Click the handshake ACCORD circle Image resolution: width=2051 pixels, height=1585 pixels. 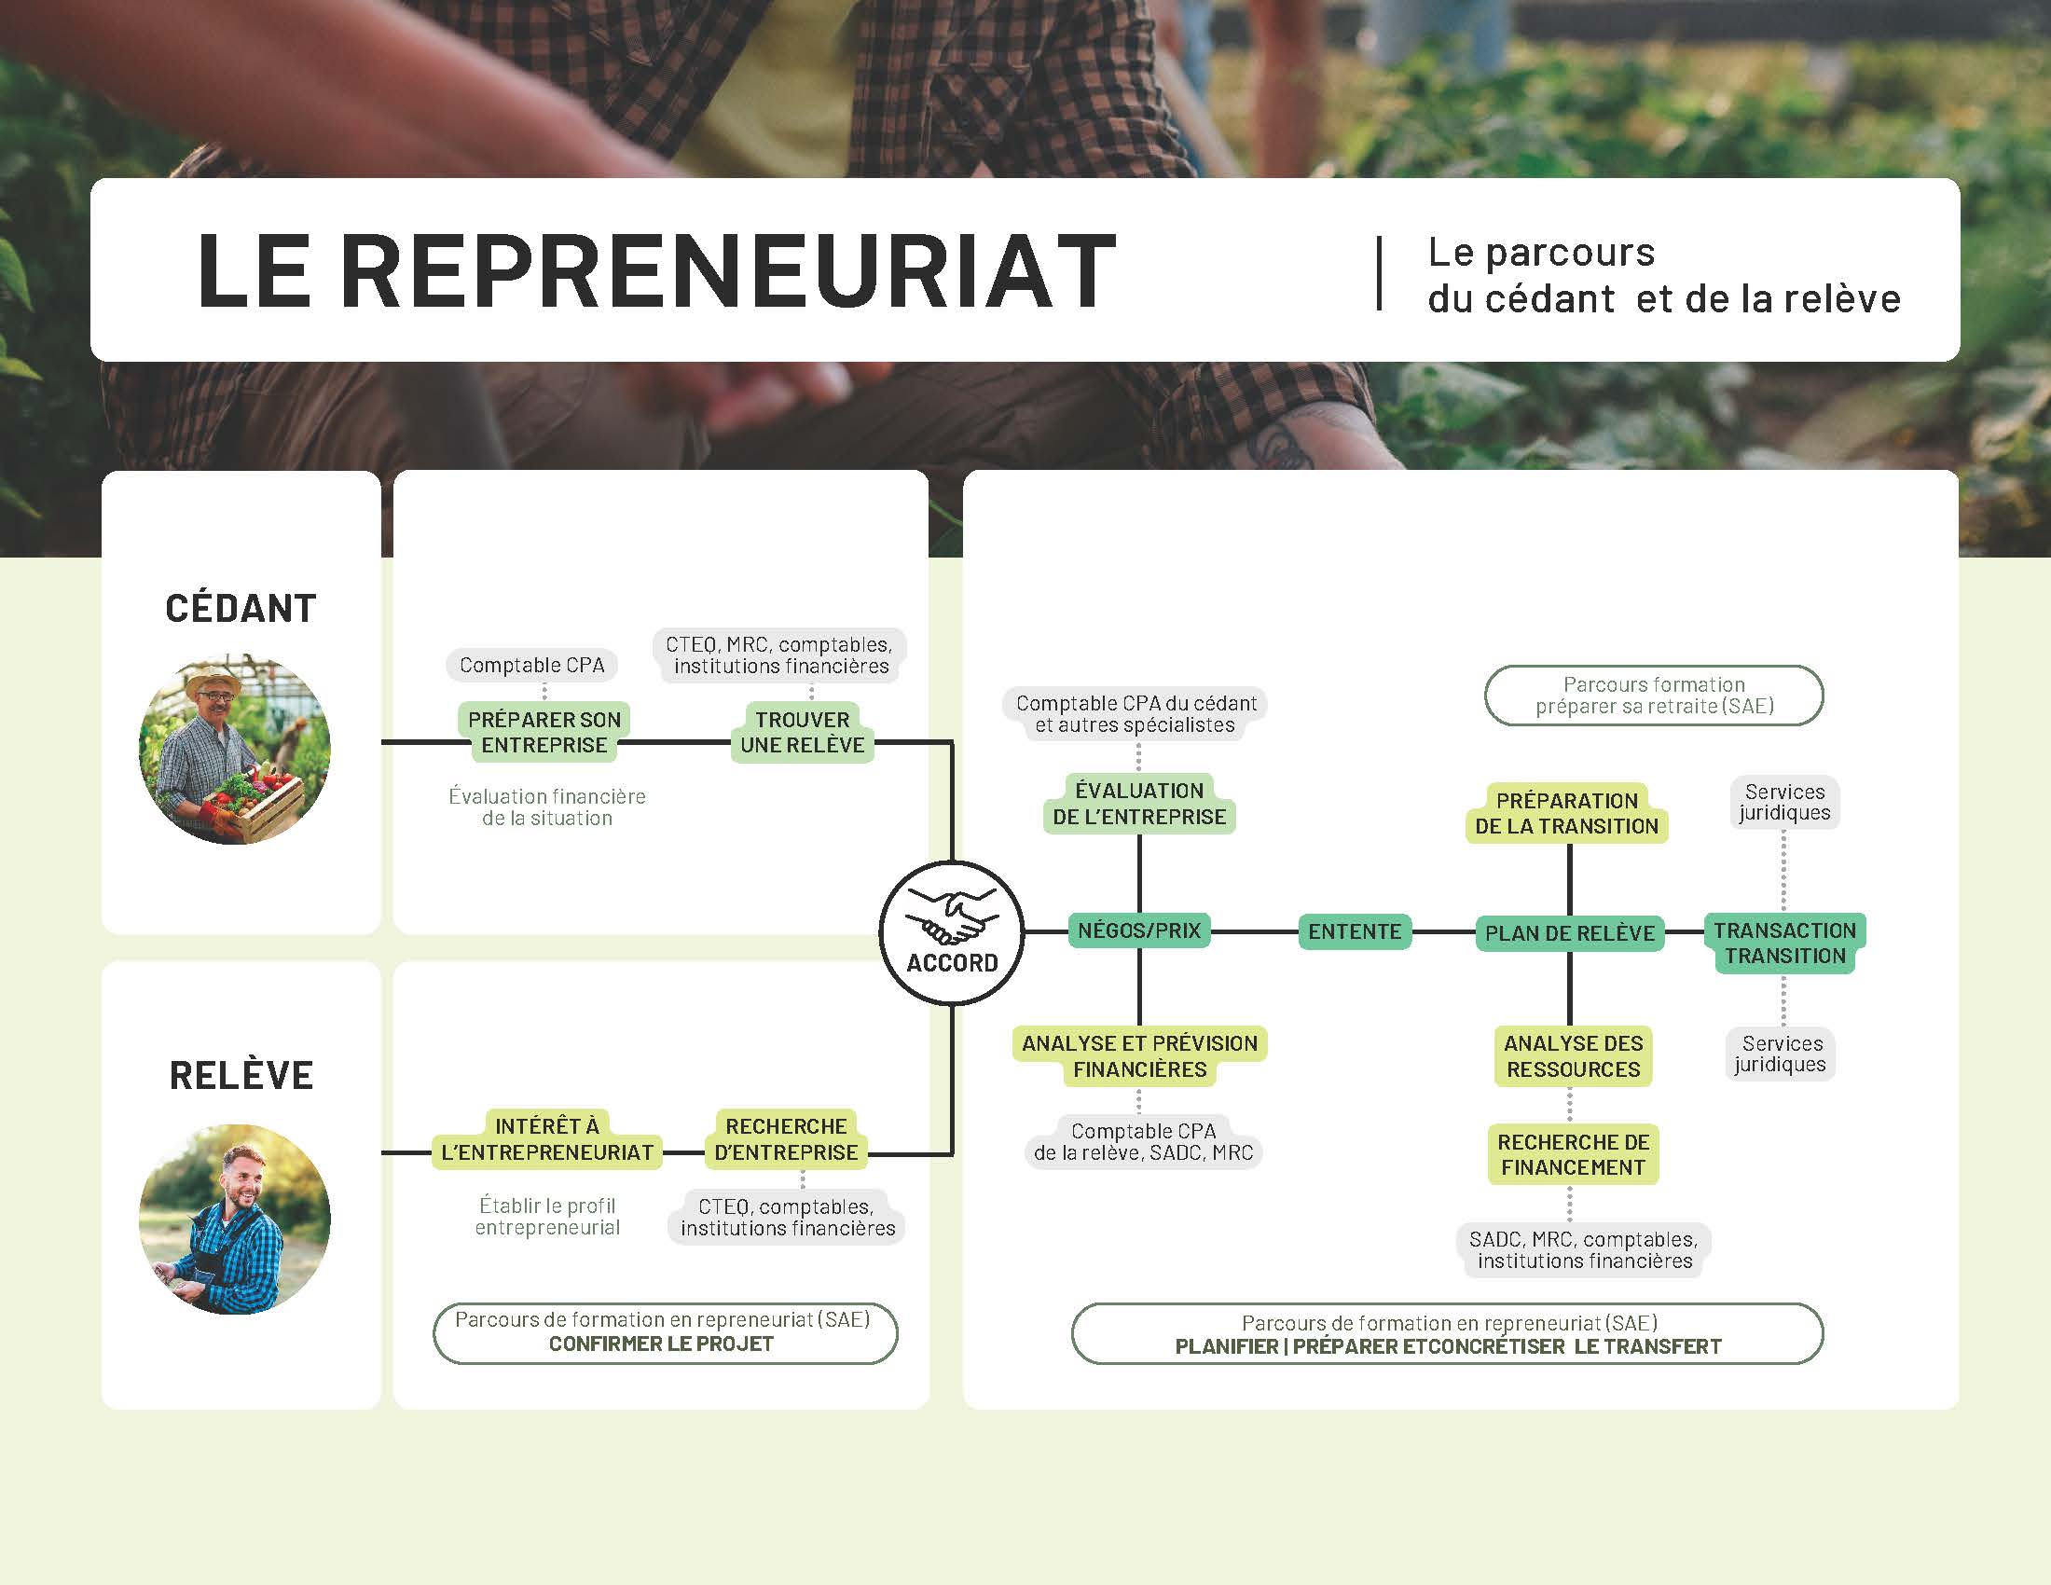951,931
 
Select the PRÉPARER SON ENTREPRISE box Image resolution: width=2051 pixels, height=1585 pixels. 544,733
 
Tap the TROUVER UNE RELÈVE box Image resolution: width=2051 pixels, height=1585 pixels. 802,733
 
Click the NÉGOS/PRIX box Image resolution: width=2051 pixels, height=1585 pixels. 1139,930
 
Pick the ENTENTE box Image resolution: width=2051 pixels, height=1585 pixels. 1355,931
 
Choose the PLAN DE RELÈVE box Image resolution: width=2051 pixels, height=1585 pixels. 1569,933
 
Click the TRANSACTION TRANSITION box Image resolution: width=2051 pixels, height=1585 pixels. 1784,943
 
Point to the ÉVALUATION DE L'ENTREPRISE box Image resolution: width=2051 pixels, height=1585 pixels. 1139,804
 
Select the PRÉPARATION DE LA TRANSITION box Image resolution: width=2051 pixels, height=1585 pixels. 1566,813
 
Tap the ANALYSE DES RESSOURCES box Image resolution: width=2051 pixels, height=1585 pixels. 1573,1056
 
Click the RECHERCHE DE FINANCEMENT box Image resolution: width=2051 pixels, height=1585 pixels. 1573,1155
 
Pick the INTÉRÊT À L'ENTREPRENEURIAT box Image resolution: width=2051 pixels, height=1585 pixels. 546,1139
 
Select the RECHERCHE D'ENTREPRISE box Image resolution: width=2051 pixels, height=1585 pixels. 786,1139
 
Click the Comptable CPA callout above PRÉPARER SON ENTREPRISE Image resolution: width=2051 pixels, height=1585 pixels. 531,665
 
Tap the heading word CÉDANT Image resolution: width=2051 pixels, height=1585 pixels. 241,609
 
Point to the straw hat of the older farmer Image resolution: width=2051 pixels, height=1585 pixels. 214,682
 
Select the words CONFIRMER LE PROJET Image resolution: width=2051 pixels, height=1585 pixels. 661,1344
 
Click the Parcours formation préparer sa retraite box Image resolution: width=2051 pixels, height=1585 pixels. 1654,696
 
